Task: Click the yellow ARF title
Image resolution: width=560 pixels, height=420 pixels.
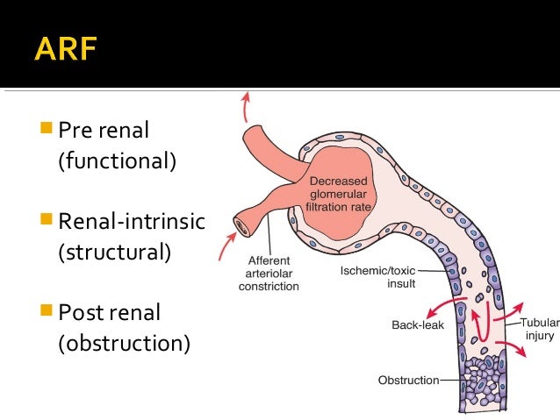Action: click(x=66, y=48)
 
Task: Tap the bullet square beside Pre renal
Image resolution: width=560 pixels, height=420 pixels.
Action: click(x=47, y=127)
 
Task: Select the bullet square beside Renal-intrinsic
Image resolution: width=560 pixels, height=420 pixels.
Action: click(x=47, y=218)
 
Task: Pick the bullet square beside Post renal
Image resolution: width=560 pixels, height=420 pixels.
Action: click(x=47, y=310)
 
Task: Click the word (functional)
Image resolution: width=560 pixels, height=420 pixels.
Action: click(x=117, y=161)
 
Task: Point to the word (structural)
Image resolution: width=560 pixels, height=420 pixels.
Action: click(x=115, y=253)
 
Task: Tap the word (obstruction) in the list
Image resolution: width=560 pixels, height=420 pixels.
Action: click(x=125, y=344)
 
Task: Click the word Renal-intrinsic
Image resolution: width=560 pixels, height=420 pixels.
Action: click(x=132, y=221)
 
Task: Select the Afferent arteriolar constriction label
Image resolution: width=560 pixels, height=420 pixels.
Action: click(x=269, y=274)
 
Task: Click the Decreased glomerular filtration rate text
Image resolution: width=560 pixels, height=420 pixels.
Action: click(x=338, y=194)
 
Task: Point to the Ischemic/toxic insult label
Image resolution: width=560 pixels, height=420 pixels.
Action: click(x=377, y=277)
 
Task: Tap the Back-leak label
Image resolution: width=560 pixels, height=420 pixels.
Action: click(x=418, y=325)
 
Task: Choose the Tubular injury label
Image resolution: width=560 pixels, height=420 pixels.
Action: click(x=540, y=329)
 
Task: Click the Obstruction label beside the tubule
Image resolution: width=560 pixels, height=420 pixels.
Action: click(x=408, y=381)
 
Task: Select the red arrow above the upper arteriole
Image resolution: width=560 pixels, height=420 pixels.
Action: click(x=246, y=107)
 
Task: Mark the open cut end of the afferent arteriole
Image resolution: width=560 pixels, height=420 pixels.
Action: click(x=241, y=227)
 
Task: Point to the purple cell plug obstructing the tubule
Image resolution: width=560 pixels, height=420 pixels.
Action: click(x=483, y=381)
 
